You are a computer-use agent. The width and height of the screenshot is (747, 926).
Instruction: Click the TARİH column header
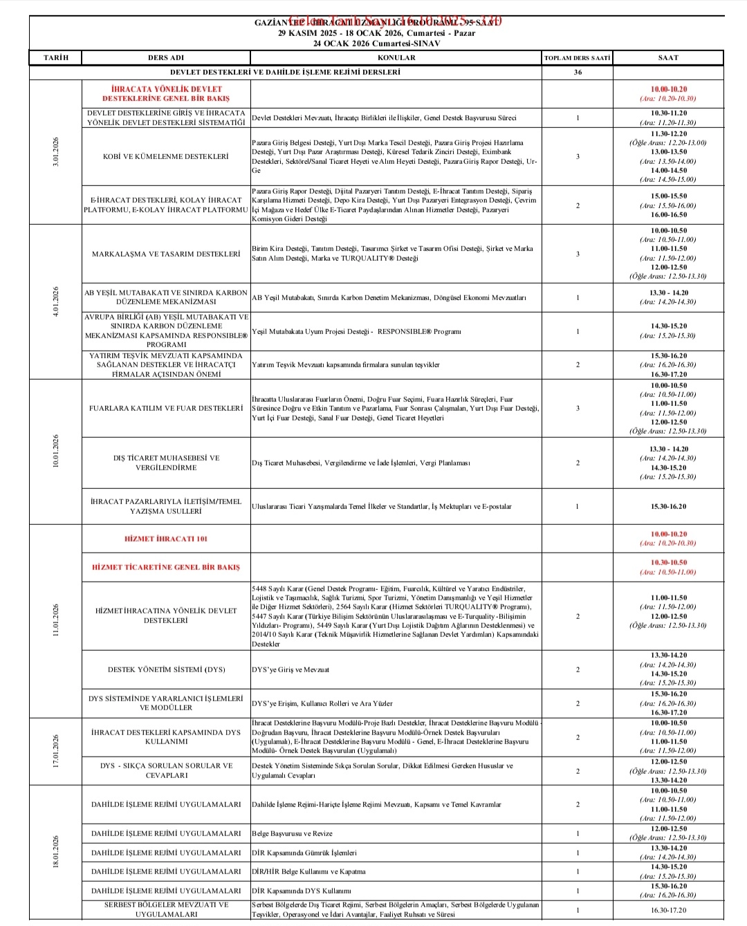coord(56,57)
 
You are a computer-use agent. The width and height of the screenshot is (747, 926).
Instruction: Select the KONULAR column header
coord(396,57)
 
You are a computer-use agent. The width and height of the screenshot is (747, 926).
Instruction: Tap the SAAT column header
coord(667,57)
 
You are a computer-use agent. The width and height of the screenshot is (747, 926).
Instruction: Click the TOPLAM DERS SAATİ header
coord(577,58)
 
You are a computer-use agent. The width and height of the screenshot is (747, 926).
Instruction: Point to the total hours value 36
coord(578,72)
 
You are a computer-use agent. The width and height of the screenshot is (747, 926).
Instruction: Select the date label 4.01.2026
coord(56,302)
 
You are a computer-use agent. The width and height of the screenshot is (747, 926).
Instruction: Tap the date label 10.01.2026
coord(56,451)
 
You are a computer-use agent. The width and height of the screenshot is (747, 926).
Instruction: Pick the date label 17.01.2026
coord(56,751)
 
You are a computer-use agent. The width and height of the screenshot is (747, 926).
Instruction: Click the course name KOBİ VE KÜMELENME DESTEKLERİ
coord(165,156)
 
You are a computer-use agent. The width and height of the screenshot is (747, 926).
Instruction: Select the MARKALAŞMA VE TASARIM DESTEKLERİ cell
coord(166,254)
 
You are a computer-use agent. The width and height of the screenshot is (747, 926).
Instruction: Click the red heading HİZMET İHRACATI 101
coord(166,539)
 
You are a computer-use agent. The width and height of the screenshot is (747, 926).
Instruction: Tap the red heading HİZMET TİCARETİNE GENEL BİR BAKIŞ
coord(166,567)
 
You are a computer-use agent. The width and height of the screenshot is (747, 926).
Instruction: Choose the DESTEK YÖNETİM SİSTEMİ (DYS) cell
coord(166,669)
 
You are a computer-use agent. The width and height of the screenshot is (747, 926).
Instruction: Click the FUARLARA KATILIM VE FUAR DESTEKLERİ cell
coord(166,408)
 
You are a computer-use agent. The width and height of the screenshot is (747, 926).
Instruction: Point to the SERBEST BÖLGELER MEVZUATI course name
coord(166,909)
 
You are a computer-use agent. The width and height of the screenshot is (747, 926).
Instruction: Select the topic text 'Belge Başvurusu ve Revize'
coord(292,833)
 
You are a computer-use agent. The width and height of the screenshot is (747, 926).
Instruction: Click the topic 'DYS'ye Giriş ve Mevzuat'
coord(290,669)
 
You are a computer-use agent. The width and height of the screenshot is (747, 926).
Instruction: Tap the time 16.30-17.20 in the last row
coord(668,910)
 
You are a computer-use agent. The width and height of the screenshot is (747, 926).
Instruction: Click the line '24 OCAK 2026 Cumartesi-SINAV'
coord(376,43)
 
